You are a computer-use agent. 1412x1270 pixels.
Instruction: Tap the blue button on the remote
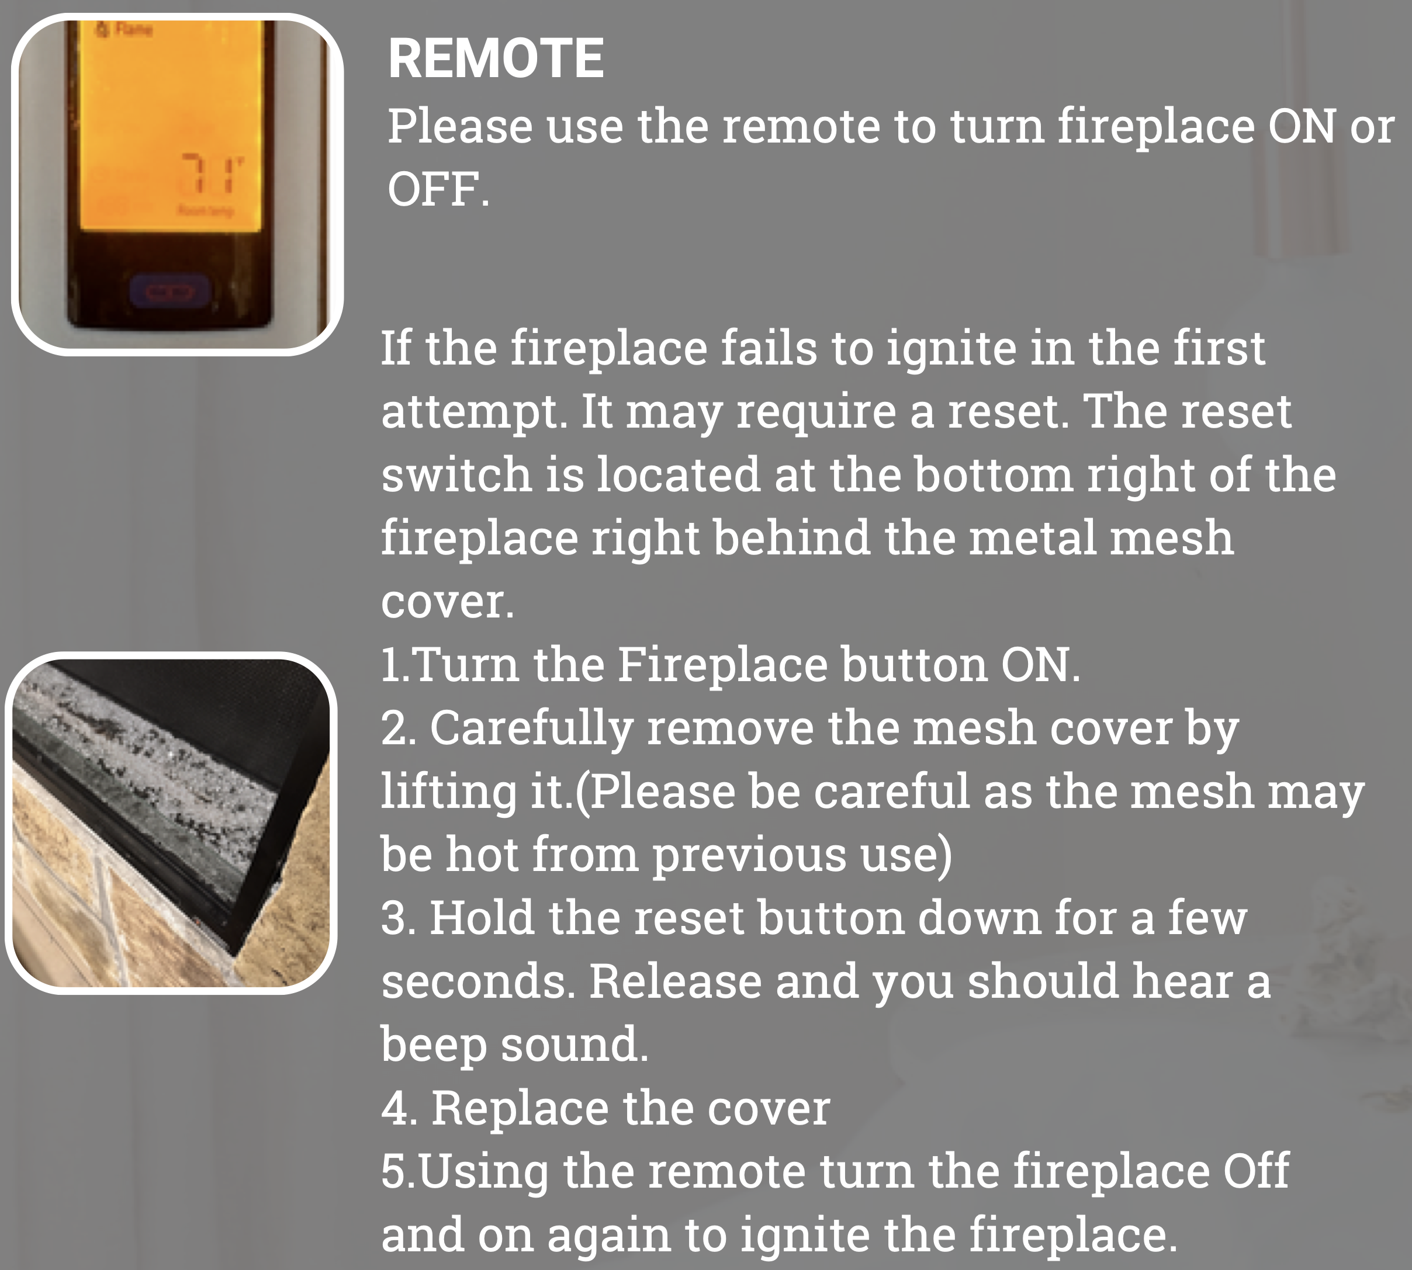point(171,292)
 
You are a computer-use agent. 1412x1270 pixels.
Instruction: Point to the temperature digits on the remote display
point(212,174)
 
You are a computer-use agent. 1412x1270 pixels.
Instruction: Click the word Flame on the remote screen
point(133,29)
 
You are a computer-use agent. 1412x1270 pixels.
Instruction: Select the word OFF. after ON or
point(438,189)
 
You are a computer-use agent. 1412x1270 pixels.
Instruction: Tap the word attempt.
point(474,412)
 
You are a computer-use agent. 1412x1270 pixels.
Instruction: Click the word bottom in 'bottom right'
point(993,474)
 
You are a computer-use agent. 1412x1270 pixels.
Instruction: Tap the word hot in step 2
point(482,854)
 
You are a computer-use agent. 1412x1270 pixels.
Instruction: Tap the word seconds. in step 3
point(478,982)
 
